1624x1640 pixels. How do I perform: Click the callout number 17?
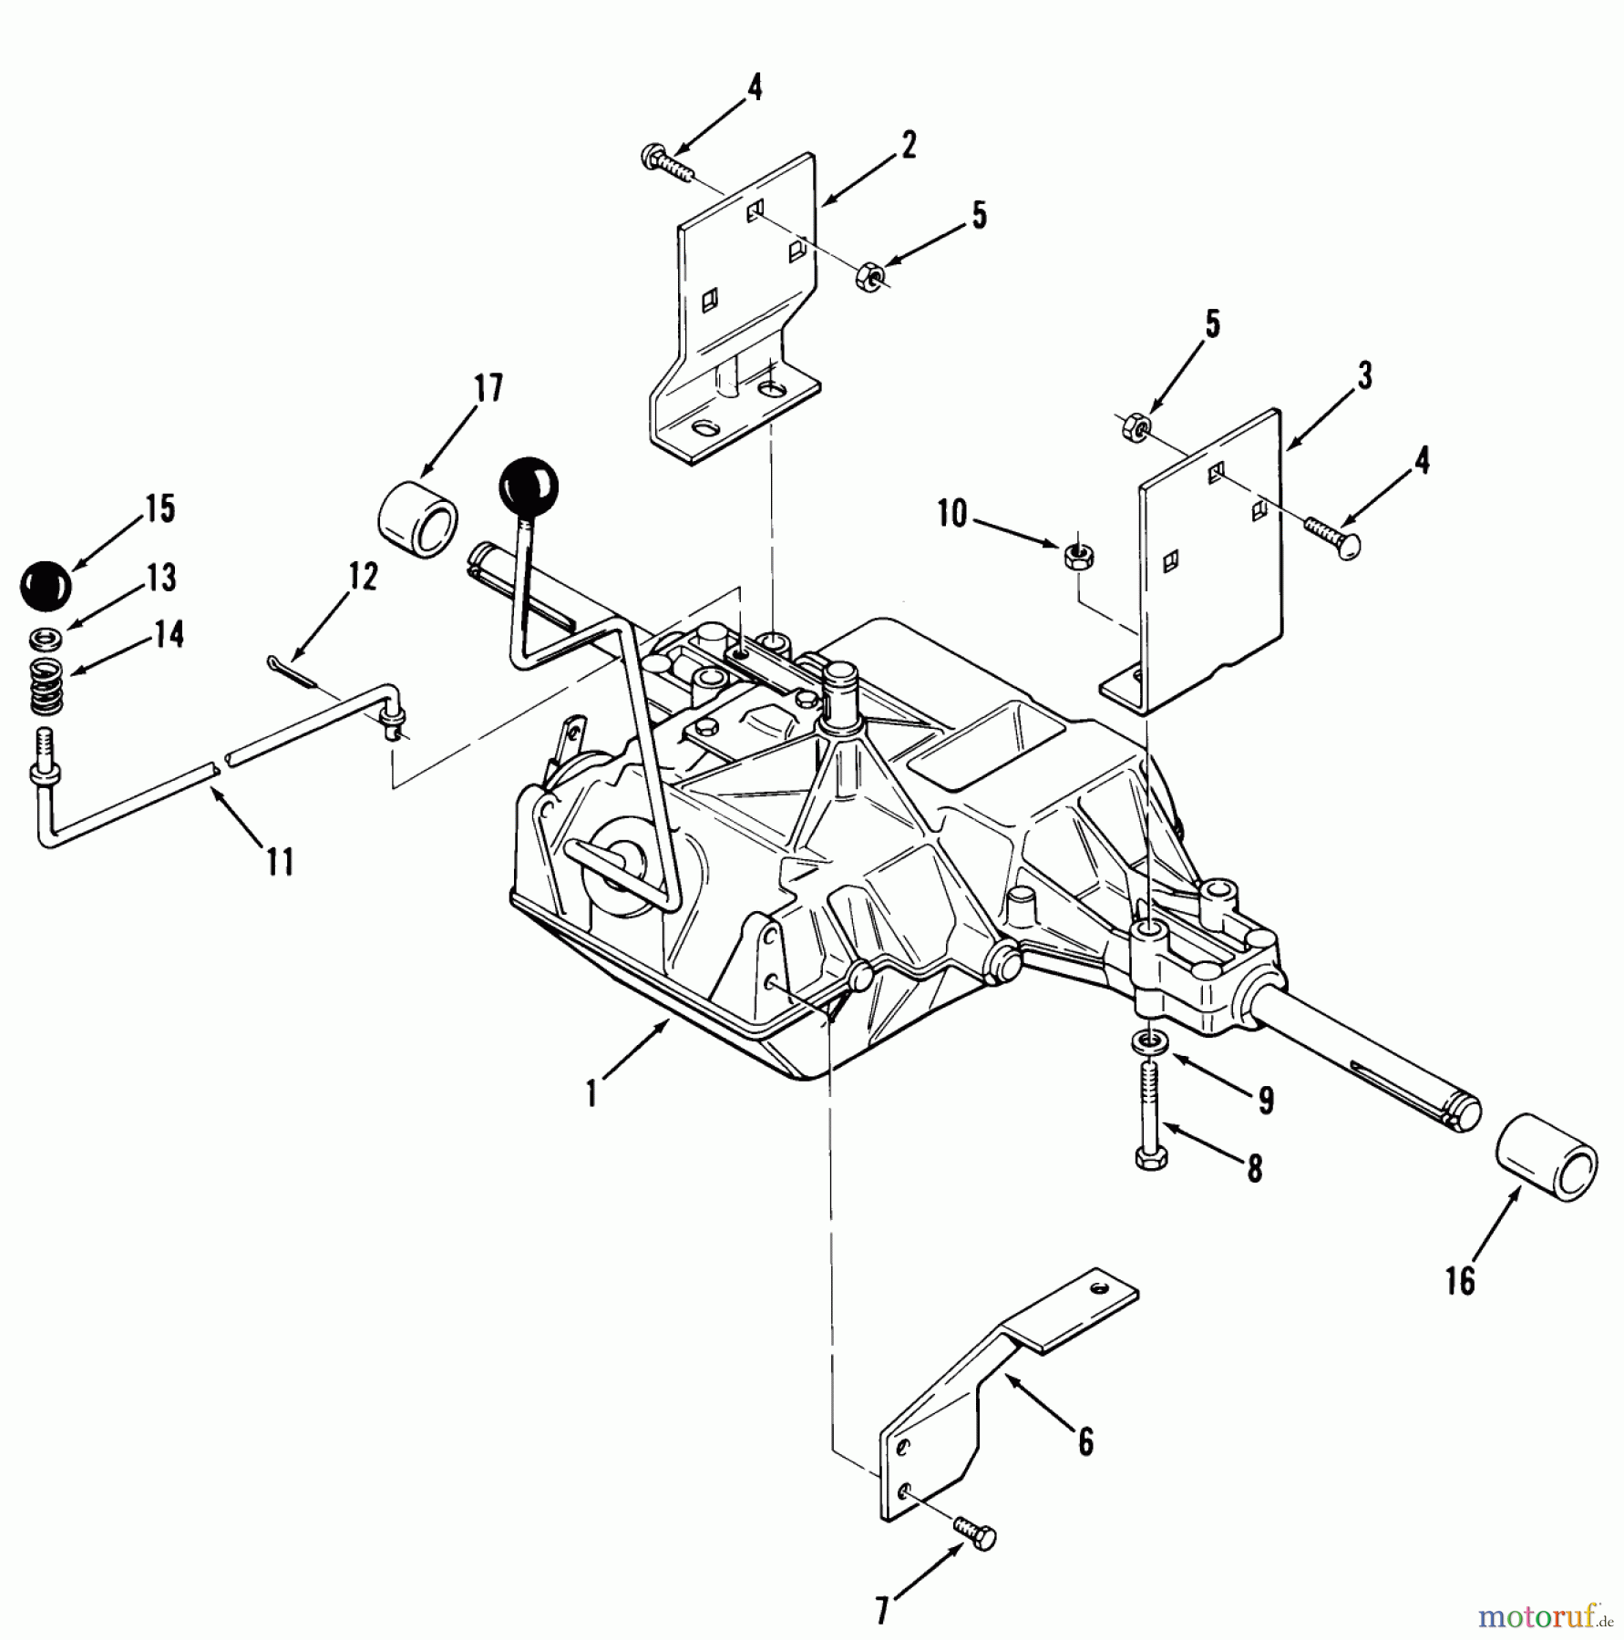(488, 388)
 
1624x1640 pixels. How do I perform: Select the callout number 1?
(592, 1092)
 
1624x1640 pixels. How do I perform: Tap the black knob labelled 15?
(45, 586)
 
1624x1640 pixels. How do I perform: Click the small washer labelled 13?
(48, 638)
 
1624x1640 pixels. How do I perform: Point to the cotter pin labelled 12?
(291, 671)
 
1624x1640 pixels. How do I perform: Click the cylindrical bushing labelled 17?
(417, 520)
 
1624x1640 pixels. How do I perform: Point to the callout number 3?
(1363, 375)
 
